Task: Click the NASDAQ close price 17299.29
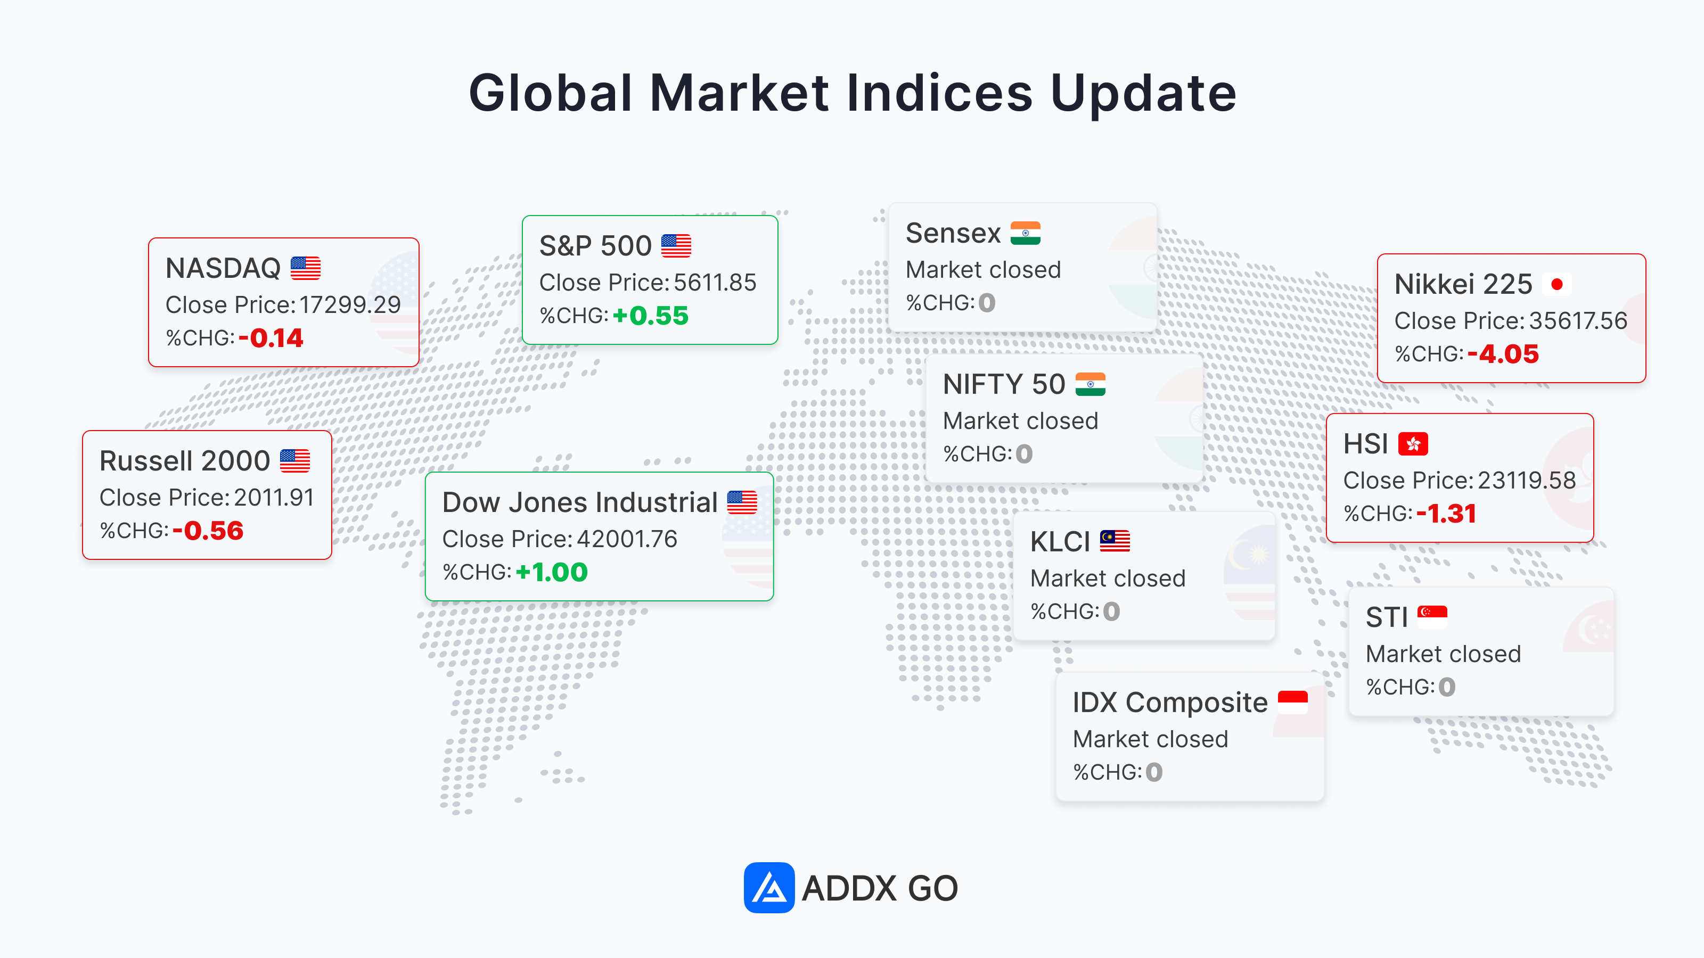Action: click(x=350, y=305)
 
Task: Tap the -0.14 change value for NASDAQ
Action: click(x=271, y=338)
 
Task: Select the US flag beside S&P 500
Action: click(x=676, y=246)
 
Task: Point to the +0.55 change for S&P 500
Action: click(x=651, y=316)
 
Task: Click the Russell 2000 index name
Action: click(x=185, y=461)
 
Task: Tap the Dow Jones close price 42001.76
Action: click(x=627, y=539)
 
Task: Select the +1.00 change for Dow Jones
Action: click(x=552, y=573)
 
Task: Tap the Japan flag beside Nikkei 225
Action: click(x=1557, y=284)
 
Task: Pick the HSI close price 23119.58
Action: click(x=1527, y=481)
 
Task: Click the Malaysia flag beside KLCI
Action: click(x=1115, y=541)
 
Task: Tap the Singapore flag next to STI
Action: click(x=1432, y=617)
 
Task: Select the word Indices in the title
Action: click(x=939, y=93)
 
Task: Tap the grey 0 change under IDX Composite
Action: click(x=1154, y=772)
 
